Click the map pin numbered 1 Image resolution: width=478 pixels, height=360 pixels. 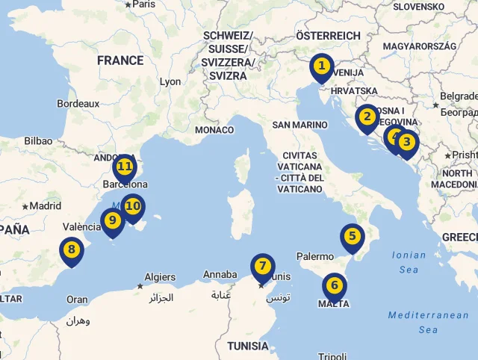coord(321,66)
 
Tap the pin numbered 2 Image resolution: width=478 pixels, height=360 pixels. coord(367,117)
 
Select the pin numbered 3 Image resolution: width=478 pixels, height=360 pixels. coord(406,142)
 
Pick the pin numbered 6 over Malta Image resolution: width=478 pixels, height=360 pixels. coord(334,285)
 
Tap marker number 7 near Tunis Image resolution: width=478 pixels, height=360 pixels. coord(262,267)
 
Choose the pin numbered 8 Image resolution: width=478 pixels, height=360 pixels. coord(72,250)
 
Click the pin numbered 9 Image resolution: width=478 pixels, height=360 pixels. coord(113,220)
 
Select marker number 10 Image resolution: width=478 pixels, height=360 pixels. coord(133,205)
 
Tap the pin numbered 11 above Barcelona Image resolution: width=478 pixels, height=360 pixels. coord(125,167)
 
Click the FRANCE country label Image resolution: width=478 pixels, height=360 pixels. coord(119,60)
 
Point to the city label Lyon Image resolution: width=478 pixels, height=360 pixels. coord(170,82)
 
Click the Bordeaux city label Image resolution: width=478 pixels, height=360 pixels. coord(78,104)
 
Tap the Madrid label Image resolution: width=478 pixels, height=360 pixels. coord(45,206)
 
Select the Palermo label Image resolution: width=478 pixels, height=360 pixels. coord(315,257)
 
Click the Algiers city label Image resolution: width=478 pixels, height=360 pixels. coord(160,277)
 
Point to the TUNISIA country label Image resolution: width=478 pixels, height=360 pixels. coord(248,346)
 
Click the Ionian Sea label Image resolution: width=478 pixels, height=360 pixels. coord(409,262)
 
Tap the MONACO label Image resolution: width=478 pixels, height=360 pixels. coord(214,130)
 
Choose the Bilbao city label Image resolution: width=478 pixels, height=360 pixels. coord(38,140)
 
